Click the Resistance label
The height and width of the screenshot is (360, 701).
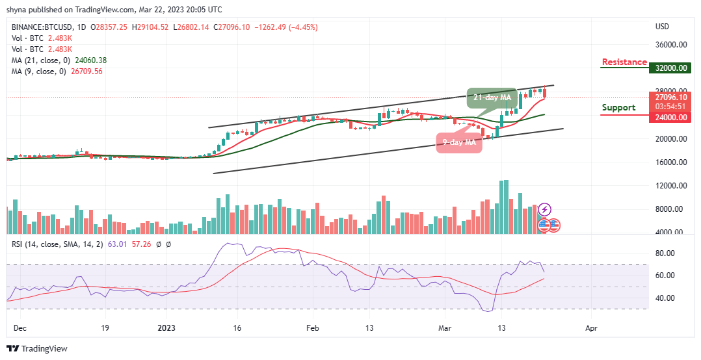[x=624, y=62]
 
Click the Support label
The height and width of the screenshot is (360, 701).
[x=618, y=108]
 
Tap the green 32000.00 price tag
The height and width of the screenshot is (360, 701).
[x=672, y=68]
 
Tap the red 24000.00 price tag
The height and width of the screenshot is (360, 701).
[x=672, y=118]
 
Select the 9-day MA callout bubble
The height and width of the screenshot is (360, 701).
[x=459, y=142]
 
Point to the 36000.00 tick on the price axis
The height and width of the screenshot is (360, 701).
[x=672, y=45]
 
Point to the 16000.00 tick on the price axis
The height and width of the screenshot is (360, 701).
[x=672, y=162]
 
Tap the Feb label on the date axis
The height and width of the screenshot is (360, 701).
[x=313, y=328]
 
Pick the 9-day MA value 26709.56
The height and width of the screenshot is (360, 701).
[x=90, y=71]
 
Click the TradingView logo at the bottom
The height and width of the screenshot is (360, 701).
[x=37, y=349]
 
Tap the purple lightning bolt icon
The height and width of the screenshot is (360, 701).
[x=545, y=209]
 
